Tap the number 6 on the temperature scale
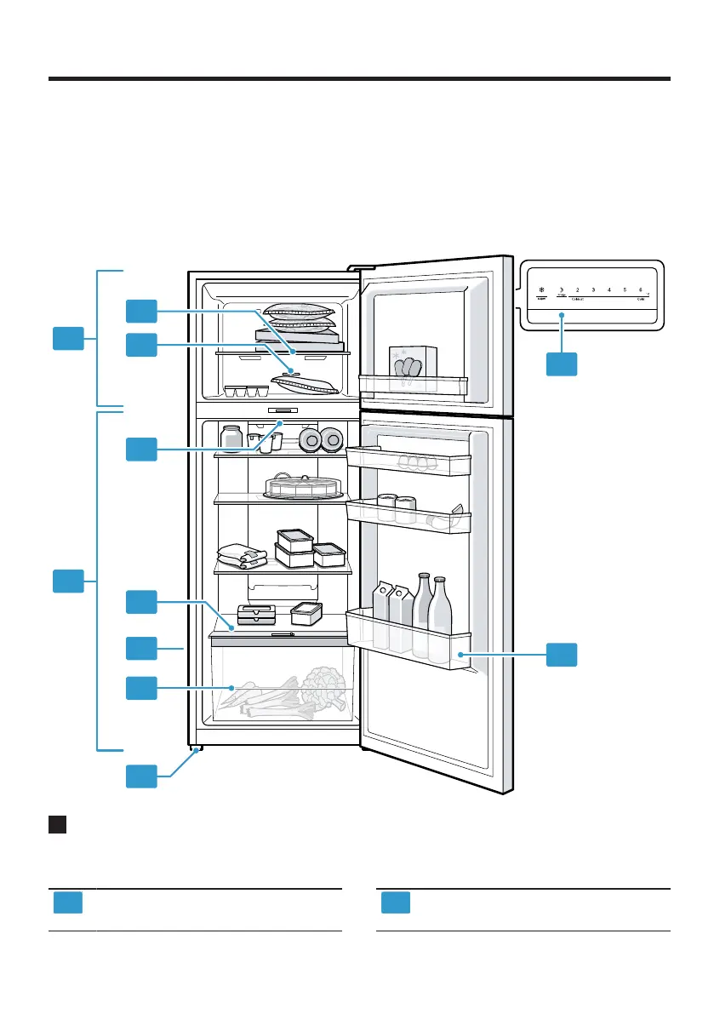pos(640,290)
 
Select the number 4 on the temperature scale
pos(608,290)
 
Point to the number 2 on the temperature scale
pos(577,290)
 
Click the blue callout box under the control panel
pos(562,364)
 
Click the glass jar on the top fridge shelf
pos(231,438)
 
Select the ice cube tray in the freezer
pos(246,391)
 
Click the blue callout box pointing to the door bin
pos(562,655)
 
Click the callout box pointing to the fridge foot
pos(141,776)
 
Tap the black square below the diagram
pos(58,825)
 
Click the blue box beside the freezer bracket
pos(68,338)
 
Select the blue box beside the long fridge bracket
pos(68,582)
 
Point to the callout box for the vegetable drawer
pos(141,688)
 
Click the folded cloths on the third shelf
pos(242,556)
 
